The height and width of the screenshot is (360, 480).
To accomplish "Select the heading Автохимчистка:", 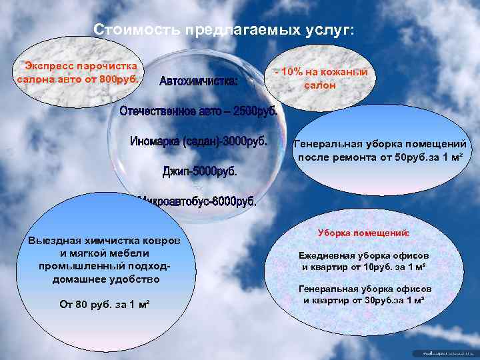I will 198,82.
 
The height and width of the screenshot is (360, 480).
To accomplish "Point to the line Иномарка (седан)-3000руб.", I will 198,142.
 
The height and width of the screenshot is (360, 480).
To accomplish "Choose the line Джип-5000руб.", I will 199,171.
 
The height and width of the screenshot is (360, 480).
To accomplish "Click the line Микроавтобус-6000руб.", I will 197,201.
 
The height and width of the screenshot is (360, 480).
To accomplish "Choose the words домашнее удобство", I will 105,278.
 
